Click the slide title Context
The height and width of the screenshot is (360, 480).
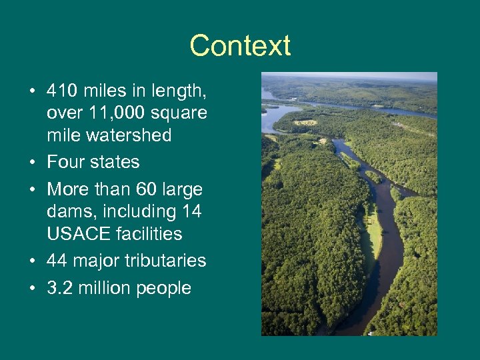coord(240,46)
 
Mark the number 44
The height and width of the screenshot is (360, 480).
coord(58,261)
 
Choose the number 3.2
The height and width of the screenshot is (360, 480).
coord(60,288)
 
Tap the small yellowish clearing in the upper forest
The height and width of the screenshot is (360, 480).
coord(307,123)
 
